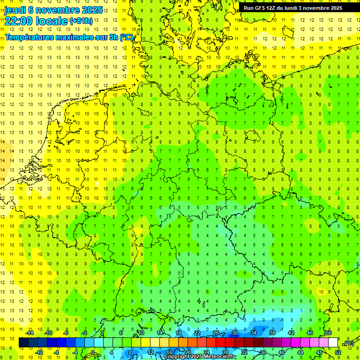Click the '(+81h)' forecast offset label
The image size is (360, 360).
coord(81,21)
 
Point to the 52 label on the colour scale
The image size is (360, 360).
coord(338,352)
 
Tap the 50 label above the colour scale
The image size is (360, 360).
coord(329,333)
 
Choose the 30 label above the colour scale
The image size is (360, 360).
coord(234,333)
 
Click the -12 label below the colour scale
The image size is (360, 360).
coord(39,352)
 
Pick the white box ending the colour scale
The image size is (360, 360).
coord(333,343)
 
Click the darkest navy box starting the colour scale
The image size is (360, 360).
coord(23,343)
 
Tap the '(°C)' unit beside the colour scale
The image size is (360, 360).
coord(348,343)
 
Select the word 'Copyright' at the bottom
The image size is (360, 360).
coord(177,356)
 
